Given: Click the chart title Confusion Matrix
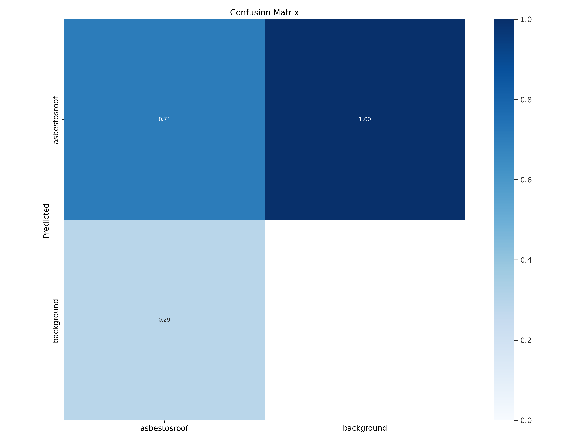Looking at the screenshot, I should (264, 13).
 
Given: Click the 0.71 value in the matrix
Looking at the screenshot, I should (164, 119).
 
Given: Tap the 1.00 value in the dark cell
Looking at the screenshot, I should (365, 119).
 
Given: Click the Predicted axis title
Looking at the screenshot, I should (46, 221).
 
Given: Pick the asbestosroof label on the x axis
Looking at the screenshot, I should (164, 428).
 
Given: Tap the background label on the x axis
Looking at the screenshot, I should (365, 428).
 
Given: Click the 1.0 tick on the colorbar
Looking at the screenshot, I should (526, 19).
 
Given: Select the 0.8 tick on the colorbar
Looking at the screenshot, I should (526, 100).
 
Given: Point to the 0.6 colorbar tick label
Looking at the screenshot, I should (526, 180).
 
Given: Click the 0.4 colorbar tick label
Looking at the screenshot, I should (526, 260).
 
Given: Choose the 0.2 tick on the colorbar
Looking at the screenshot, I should (526, 340).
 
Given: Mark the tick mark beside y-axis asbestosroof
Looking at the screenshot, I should (63, 120).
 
